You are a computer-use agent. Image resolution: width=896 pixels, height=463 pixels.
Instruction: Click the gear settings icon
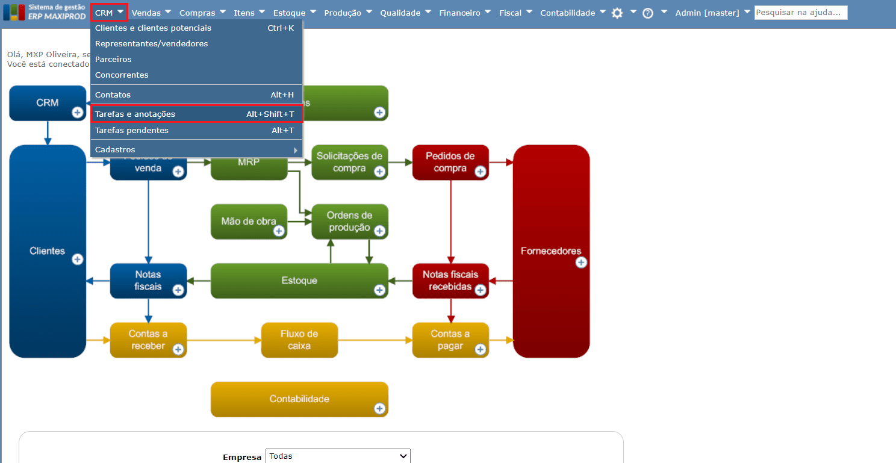(617, 13)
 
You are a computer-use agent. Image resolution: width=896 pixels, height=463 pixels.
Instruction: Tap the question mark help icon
(648, 13)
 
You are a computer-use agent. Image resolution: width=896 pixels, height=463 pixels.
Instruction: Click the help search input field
(800, 13)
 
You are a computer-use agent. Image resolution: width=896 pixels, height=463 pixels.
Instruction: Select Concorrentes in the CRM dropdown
(122, 75)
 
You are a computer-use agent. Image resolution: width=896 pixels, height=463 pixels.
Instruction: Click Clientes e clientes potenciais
(153, 28)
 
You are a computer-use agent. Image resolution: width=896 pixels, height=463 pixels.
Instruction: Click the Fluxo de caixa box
(299, 340)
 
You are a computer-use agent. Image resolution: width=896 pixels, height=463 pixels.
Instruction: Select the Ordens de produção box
(349, 221)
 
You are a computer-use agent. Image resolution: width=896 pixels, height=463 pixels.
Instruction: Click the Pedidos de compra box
(450, 162)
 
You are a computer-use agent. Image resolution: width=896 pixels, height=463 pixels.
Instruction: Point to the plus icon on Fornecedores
(581, 263)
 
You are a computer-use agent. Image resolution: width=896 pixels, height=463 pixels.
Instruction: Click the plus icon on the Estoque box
(379, 290)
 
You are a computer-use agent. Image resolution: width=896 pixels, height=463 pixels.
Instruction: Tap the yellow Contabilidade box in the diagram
(299, 399)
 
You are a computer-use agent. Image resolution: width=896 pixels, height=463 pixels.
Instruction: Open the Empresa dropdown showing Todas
(337, 456)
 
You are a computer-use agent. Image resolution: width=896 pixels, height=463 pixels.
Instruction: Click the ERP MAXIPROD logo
(46, 12)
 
